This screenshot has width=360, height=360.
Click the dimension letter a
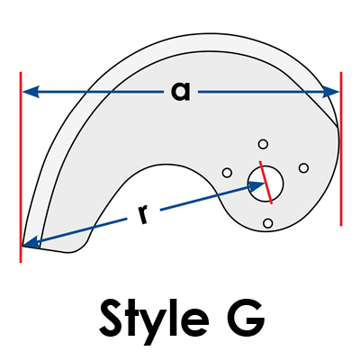(181, 91)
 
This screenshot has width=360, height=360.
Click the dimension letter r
(143, 215)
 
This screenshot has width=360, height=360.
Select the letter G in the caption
(245, 318)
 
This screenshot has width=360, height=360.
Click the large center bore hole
(265, 183)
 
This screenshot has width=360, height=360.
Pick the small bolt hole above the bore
(263, 144)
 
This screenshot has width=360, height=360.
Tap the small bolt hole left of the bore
(227, 173)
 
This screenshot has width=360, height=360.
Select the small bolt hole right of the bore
(304, 168)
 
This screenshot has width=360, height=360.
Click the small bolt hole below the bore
(267, 223)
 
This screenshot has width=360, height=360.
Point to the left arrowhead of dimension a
(31, 92)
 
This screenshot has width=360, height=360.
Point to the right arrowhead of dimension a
(330, 92)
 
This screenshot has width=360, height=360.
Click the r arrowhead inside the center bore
(256, 186)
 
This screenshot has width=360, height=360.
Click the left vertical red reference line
(21, 167)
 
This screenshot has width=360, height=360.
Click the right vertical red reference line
(341, 148)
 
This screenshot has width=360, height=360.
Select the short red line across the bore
(265, 183)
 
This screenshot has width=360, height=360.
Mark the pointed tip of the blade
(22, 246)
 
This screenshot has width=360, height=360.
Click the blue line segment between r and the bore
(204, 199)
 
